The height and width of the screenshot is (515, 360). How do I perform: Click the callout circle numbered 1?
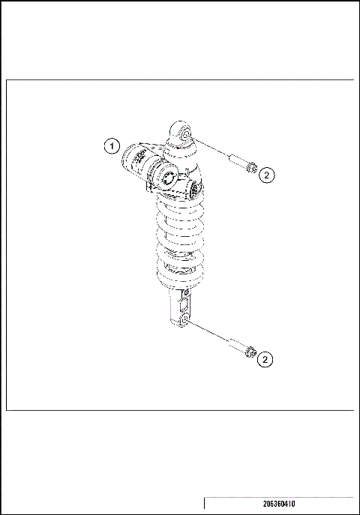(x=112, y=145)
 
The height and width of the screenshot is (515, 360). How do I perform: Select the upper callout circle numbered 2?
(x=268, y=175)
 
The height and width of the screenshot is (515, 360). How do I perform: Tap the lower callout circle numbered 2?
(x=265, y=360)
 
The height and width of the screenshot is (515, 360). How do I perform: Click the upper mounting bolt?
(x=241, y=163)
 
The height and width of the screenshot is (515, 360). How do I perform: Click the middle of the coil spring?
(x=178, y=236)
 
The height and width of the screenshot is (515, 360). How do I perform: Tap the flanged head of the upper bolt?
(x=252, y=168)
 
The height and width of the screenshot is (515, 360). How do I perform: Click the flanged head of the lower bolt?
(x=250, y=351)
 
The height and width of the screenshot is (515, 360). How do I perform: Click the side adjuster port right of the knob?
(x=198, y=187)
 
